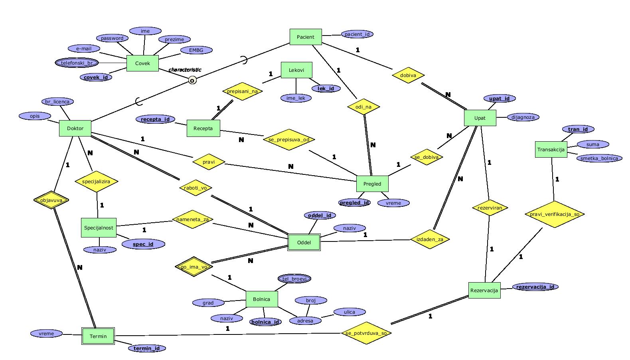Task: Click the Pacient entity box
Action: pos(305,37)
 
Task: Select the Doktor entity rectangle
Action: pos(75,128)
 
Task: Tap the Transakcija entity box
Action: pos(551,149)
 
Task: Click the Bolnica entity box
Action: pos(261,299)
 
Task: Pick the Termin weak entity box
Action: pos(98,336)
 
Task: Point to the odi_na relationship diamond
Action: pos(363,107)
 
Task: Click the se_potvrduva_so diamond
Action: pos(366,332)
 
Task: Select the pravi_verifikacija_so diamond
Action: pos(554,214)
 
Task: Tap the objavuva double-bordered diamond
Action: pos(51,200)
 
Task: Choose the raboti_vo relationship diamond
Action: pos(196,187)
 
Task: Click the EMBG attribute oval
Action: pos(196,50)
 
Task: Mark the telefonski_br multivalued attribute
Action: pos(77,63)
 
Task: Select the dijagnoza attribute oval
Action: pos(523,117)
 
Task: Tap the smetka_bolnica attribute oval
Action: pos(599,158)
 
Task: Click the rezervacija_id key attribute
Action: pos(535,287)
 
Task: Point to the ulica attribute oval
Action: pos(349,312)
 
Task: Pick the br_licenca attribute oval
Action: pos(57,101)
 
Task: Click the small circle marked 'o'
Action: pos(192,81)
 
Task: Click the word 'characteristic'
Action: pos(185,69)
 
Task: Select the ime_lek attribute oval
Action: pos(296,98)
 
